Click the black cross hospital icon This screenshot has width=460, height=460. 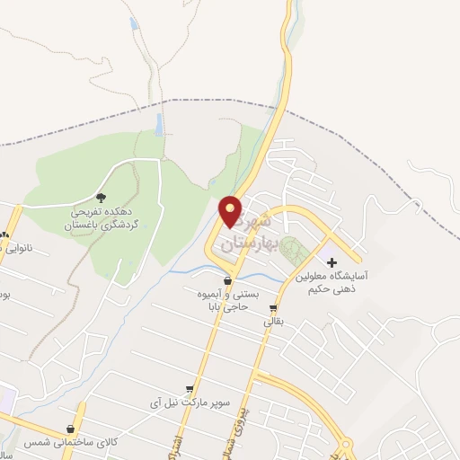tap(332, 263)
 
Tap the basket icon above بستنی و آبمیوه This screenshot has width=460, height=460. tap(227, 279)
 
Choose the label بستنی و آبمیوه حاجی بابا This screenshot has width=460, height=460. tap(228, 299)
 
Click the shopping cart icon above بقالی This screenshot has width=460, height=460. tap(273, 306)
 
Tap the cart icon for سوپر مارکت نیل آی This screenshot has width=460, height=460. tap(188, 389)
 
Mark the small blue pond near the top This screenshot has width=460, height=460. tap(134, 23)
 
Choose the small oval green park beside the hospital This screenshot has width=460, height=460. tap(291, 248)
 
